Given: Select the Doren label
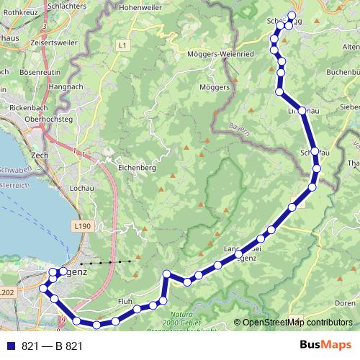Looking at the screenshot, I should (x=345, y=304).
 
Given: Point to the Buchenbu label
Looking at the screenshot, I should (x=343, y=72).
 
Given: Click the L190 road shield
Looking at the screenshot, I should (x=84, y=226).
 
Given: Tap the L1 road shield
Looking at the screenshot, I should (x=122, y=45).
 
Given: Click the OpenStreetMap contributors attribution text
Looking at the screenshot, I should (x=297, y=323).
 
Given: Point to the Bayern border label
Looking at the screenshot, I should (x=240, y=128).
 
